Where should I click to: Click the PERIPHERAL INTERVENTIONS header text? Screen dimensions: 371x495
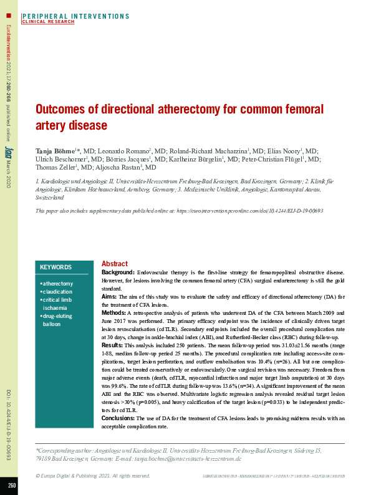click(x=75, y=16)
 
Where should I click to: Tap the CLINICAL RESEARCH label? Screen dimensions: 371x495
click(x=48, y=22)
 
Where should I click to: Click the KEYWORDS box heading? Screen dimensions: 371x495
click(x=55, y=267)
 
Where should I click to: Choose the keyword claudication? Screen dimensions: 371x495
click(x=57, y=292)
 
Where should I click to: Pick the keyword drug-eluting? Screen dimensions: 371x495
click(x=57, y=317)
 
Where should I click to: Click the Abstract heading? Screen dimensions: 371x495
click(x=114, y=264)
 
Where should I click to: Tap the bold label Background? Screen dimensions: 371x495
click(x=118, y=273)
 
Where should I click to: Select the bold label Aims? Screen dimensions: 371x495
click(x=109, y=297)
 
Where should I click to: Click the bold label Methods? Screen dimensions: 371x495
click(x=113, y=312)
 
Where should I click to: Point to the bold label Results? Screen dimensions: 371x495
click(x=112, y=345)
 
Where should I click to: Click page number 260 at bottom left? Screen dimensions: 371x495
click(x=12, y=485)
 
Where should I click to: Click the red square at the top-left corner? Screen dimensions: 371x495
click(x=8, y=14)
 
